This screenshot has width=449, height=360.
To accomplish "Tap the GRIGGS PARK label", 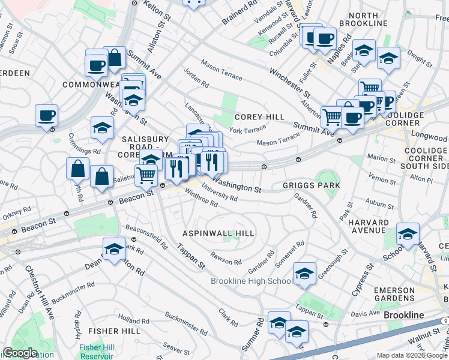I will coord(311,185).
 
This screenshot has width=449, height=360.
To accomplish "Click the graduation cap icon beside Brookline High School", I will coord(305,274).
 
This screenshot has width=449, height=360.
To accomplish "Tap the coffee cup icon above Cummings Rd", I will coord(46,115).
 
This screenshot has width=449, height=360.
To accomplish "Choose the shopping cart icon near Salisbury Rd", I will coord(146,175).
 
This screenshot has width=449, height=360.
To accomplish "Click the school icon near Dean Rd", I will coord(114,250).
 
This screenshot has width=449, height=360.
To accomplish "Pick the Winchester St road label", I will coord(289,83).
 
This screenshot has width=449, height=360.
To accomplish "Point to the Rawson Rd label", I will coord(226,262).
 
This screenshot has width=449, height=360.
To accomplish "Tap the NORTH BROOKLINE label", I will coord(363,19).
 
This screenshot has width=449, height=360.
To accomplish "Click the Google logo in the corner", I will coord(20,353).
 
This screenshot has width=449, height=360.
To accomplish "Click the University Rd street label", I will coord(220,196).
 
